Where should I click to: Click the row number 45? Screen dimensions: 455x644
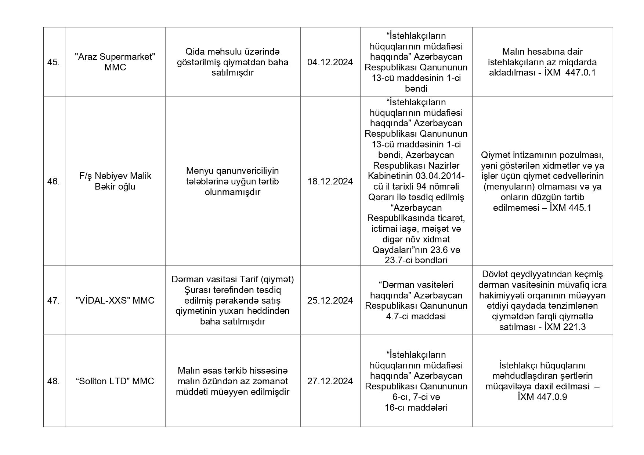(x=54, y=62)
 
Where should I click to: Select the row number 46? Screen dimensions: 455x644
(x=54, y=181)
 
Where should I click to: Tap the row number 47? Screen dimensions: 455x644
(x=54, y=301)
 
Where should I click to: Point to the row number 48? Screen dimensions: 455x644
(x=54, y=381)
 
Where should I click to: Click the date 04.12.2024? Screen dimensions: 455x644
(x=330, y=62)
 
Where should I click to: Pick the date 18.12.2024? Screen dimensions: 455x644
(x=330, y=181)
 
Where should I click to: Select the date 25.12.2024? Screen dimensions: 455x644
(x=330, y=301)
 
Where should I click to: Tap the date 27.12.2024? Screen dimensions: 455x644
(x=330, y=381)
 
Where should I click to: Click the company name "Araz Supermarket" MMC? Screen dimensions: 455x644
(x=115, y=62)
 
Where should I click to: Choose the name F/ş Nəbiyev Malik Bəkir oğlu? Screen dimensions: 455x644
(x=115, y=181)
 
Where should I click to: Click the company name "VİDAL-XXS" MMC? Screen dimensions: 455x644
(x=115, y=301)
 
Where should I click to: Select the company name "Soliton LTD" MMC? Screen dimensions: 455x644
(x=115, y=381)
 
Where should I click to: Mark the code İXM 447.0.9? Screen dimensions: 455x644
(x=542, y=397)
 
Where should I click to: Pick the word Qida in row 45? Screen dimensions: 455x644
(x=195, y=52)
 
